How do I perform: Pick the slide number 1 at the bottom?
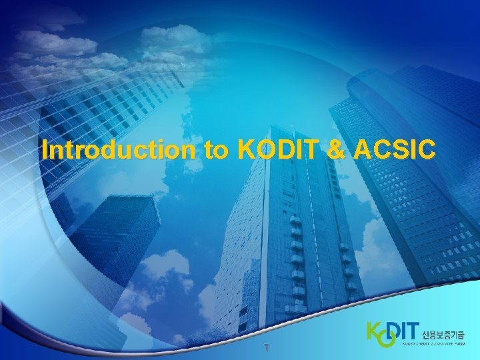[x=266, y=347]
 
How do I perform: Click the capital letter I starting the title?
[x=44, y=151]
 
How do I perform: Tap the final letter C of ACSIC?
[x=428, y=151]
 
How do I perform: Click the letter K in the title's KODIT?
[x=246, y=151]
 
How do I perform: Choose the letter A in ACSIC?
[x=365, y=151]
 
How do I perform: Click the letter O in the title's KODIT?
[x=265, y=151]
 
